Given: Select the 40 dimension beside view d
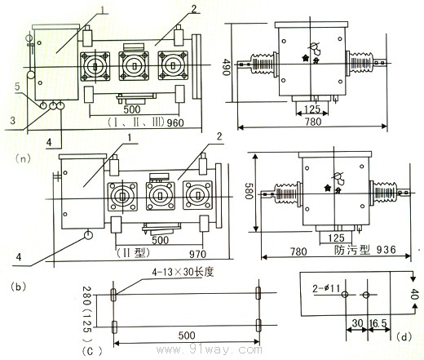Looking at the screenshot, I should [415, 293].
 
